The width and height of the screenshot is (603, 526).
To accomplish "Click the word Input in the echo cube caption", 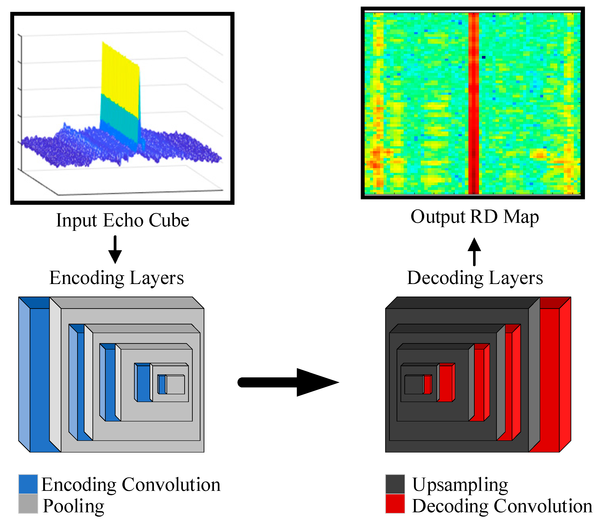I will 77,221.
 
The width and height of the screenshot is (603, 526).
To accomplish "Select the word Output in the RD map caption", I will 438,217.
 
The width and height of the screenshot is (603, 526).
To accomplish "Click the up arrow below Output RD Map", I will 474,252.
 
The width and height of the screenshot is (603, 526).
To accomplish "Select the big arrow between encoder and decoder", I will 288,382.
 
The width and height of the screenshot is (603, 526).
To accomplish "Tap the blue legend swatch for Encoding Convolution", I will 28,484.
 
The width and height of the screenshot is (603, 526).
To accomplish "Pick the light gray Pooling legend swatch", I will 28,504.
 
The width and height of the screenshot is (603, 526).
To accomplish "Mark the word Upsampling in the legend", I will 460,485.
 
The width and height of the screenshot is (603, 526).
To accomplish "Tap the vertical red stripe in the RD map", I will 473,103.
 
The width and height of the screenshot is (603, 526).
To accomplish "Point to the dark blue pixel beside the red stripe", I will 484,57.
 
